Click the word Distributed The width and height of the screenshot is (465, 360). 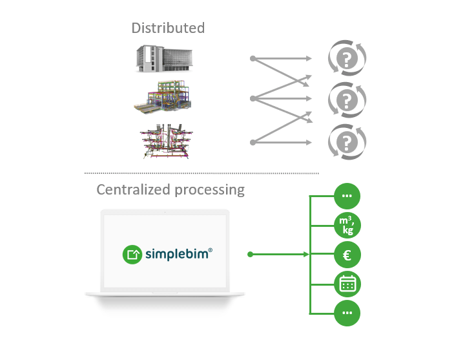pyautogui.click(x=168, y=28)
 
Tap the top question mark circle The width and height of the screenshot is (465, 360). pyautogui.click(x=347, y=59)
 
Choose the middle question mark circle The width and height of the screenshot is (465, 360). pyautogui.click(x=347, y=100)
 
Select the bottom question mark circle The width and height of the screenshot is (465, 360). pyautogui.click(x=347, y=141)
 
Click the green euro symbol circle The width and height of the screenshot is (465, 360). pyautogui.click(x=347, y=255)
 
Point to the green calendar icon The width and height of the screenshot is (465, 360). pyautogui.click(x=347, y=284)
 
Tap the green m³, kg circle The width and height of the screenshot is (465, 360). pyautogui.click(x=347, y=226)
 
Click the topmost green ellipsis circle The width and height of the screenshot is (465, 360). pyautogui.click(x=347, y=196)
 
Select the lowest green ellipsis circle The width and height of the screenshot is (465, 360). pyautogui.click(x=347, y=313)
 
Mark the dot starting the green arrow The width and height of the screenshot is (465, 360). pyautogui.click(x=251, y=255)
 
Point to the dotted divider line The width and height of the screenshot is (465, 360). pyautogui.click(x=201, y=173)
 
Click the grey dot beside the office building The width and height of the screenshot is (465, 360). pyautogui.click(x=253, y=59)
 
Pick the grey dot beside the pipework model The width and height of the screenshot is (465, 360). pyautogui.click(x=253, y=141)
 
